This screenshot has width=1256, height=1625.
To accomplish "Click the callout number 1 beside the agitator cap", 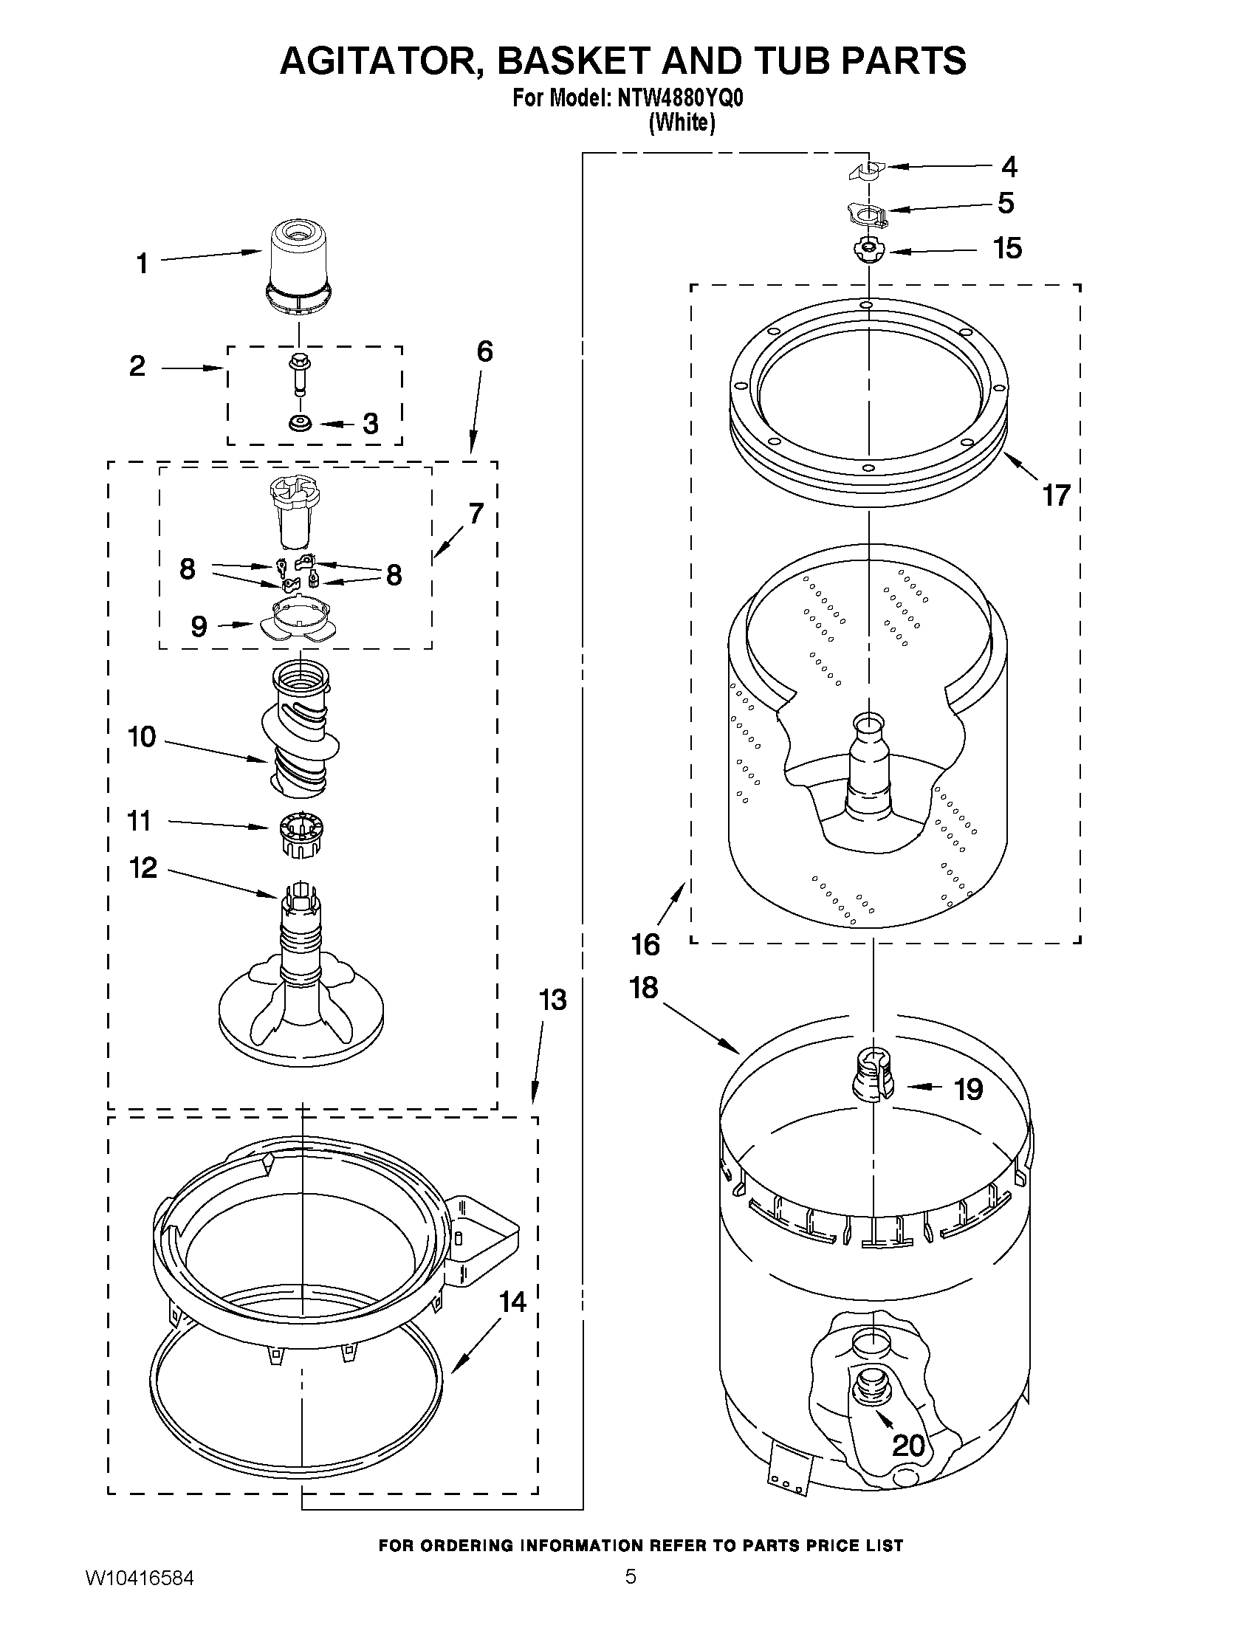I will (x=142, y=264).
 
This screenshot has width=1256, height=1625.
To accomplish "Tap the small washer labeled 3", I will (x=301, y=424).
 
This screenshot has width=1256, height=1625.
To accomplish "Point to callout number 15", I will (x=1007, y=249).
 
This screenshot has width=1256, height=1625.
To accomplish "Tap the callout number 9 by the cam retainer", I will (x=199, y=627).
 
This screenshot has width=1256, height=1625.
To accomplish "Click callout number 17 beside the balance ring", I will (x=1056, y=495).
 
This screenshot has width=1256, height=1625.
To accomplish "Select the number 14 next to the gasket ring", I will (x=512, y=1302).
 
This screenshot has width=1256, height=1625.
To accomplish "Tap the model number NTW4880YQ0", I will (x=679, y=98).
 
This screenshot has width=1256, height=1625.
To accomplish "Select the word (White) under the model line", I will (x=681, y=123).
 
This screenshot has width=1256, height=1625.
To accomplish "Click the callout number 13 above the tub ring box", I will (x=552, y=1000).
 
